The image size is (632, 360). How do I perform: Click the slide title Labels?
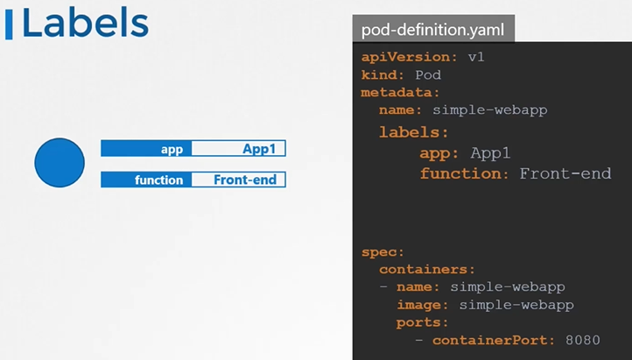click(x=84, y=24)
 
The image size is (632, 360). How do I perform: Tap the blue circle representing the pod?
click(x=60, y=163)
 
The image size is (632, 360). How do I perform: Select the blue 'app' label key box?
click(x=146, y=149)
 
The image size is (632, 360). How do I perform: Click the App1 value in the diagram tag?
click(x=238, y=149)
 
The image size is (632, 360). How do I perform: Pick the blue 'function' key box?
click(x=146, y=180)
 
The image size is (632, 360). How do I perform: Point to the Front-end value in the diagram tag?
click(x=238, y=180)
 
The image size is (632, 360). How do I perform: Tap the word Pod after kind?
click(x=427, y=74)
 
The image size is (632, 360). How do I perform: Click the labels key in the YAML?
click(x=413, y=132)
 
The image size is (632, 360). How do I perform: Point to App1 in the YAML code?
click(x=490, y=153)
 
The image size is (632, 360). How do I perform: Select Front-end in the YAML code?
click(x=565, y=173)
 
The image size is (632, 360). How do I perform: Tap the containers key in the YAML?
click(x=427, y=269)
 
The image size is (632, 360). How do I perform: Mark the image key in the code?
click(x=423, y=304)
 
